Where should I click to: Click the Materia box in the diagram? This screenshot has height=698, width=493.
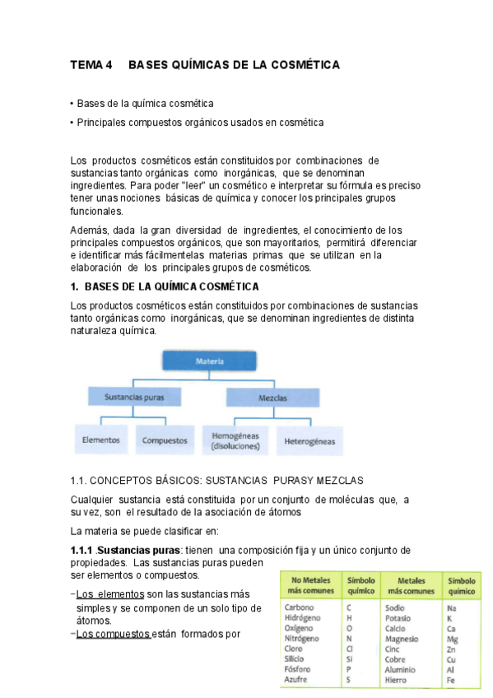[205, 361]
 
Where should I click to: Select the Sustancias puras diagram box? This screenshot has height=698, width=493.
[134, 397]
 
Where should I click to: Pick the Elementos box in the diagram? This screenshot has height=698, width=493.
[101, 440]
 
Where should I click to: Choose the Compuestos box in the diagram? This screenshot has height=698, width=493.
[165, 440]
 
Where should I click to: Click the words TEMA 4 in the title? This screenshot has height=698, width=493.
[91, 65]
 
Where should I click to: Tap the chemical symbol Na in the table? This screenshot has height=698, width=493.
[452, 607]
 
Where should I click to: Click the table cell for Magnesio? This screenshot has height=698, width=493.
[402, 639]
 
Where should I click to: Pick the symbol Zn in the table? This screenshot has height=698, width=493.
[452, 649]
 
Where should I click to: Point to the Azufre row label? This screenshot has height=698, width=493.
[297, 679]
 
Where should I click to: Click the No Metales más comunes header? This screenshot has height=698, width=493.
[309, 585]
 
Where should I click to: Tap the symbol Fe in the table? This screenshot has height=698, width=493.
[451, 679]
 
